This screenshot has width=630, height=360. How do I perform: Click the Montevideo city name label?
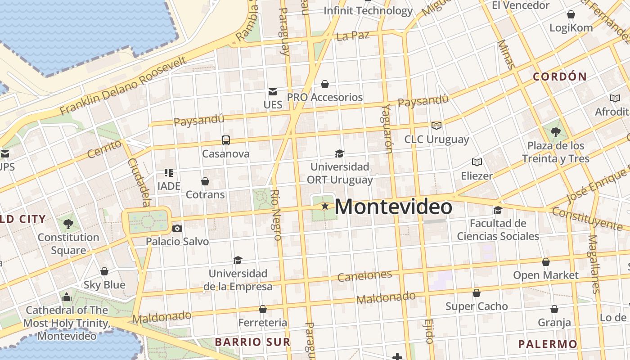(x=393, y=207)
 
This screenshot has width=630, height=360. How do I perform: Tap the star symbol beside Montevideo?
(x=324, y=206)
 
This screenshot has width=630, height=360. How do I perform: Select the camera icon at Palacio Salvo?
(x=177, y=228)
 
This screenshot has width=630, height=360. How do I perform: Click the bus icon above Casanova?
(x=226, y=140)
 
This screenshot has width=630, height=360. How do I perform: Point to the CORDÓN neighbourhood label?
(x=560, y=76)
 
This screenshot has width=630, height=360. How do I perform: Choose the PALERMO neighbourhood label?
(x=547, y=344)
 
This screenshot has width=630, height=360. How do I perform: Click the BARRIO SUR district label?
(x=252, y=342)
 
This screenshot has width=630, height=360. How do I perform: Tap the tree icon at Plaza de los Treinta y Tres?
(x=555, y=132)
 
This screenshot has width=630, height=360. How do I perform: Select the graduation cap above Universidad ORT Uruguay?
(x=339, y=153)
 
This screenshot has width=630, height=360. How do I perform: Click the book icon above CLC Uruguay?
(x=436, y=126)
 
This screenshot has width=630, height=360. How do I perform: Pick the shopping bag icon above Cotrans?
(x=205, y=181)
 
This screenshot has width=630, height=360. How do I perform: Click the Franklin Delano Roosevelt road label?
(x=123, y=85)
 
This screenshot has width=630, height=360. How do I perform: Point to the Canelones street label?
(x=364, y=275)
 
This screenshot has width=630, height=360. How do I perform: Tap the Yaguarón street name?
(x=387, y=128)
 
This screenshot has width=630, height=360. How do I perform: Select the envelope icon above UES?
(x=273, y=92)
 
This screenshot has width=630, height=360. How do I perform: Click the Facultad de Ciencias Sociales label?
(x=498, y=229)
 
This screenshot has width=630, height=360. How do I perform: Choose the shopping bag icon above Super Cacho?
(x=477, y=293)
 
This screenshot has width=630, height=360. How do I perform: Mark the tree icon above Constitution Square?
(x=68, y=224)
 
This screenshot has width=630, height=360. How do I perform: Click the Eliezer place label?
(x=477, y=175)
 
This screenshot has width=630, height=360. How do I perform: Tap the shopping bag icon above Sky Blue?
(x=104, y=271)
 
